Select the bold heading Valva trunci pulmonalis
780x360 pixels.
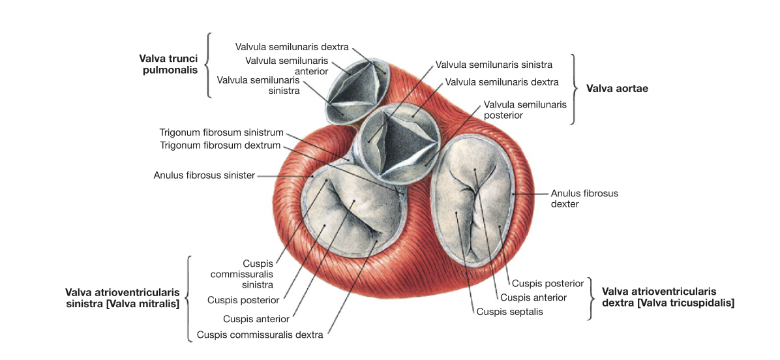(x=168, y=64)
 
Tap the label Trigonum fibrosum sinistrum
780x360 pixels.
(x=221, y=133)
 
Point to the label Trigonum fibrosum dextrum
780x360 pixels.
(x=220, y=145)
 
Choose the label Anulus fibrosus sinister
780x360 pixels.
(x=204, y=175)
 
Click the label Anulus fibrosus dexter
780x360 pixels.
(x=584, y=198)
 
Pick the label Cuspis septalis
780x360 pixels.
(x=510, y=312)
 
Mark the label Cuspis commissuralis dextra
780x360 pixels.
(x=260, y=335)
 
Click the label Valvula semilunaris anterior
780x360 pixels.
(x=286, y=66)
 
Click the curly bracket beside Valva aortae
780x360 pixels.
(x=576, y=89)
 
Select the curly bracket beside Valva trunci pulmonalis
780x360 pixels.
(x=207, y=65)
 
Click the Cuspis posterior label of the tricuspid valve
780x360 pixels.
(x=548, y=284)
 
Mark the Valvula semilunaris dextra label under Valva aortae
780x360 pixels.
(x=502, y=81)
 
